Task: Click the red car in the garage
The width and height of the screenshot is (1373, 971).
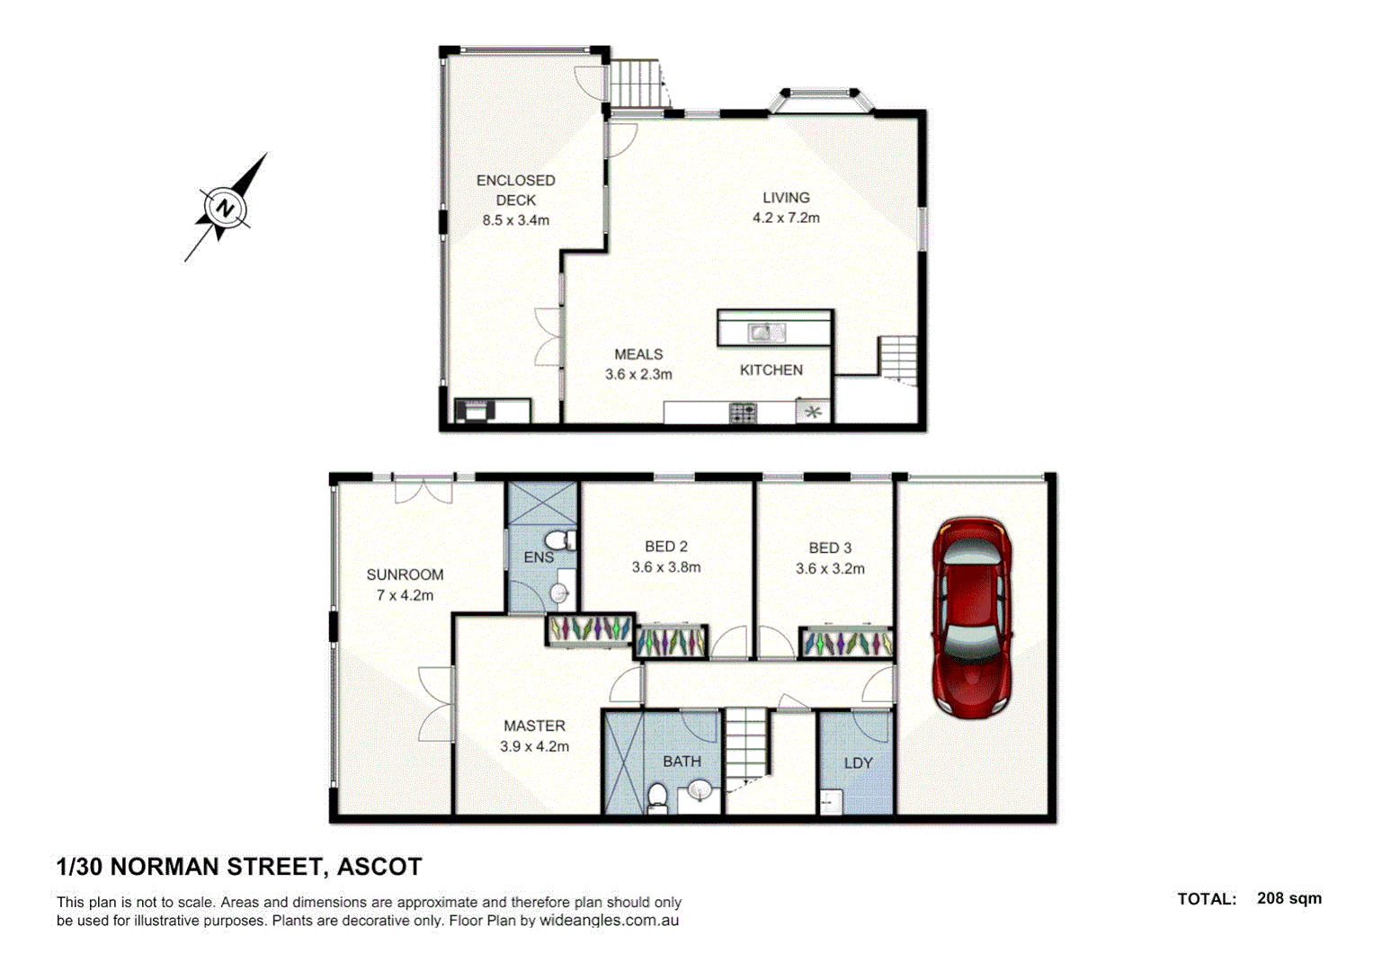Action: tap(972, 618)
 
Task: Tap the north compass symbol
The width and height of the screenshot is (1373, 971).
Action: tap(225, 209)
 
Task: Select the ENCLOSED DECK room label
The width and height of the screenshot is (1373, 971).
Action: tap(515, 190)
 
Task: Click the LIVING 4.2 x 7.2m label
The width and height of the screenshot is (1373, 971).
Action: tap(786, 208)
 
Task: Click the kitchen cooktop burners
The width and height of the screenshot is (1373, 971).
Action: tap(743, 413)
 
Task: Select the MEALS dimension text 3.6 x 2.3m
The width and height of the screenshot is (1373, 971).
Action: tap(638, 374)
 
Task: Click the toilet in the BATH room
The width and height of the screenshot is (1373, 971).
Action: tap(657, 797)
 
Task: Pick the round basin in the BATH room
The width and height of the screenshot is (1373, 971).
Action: tap(699, 791)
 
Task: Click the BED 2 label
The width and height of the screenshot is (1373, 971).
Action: tap(666, 547)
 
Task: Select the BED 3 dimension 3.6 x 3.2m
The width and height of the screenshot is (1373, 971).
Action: tap(830, 568)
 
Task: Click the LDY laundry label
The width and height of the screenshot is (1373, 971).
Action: tap(858, 762)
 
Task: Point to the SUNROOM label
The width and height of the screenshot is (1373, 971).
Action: tap(405, 575)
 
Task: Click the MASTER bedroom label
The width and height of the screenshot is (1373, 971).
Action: tap(534, 726)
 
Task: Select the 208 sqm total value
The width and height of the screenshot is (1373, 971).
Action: tap(1288, 898)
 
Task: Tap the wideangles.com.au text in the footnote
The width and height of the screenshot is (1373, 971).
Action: tap(609, 921)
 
